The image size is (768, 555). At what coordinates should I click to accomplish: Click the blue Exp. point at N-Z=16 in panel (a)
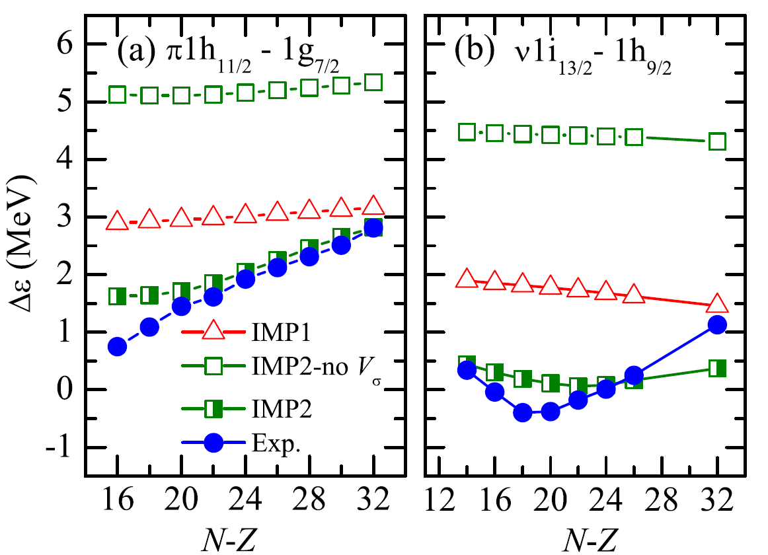pyautogui.click(x=117, y=346)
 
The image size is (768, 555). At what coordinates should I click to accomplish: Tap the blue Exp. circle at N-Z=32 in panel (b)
pyautogui.click(x=717, y=324)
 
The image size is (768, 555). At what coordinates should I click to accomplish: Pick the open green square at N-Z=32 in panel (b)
pyautogui.click(x=717, y=141)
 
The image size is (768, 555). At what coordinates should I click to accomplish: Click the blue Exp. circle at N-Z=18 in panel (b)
pyautogui.click(x=523, y=412)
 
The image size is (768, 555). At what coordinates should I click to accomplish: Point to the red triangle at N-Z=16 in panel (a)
pyautogui.click(x=117, y=221)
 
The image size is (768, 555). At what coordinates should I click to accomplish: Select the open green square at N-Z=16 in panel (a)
pyautogui.click(x=117, y=94)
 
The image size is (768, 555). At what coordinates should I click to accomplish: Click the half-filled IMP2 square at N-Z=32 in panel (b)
pyautogui.click(x=717, y=368)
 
